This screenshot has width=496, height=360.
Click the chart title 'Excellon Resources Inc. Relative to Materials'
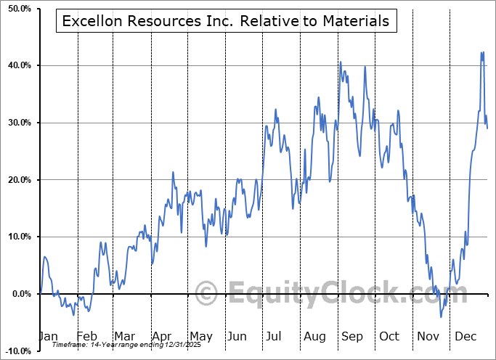[x=226, y=21]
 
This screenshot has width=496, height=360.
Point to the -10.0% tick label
[x=15, y=351]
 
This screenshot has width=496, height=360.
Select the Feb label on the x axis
[x=86, y=336]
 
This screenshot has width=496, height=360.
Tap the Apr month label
[x=161, y=336]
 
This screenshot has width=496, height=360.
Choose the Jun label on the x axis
[x=237, y=336]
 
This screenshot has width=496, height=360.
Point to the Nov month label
[x=427, y=336]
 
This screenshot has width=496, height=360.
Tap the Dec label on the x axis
[x=465, y=336]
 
